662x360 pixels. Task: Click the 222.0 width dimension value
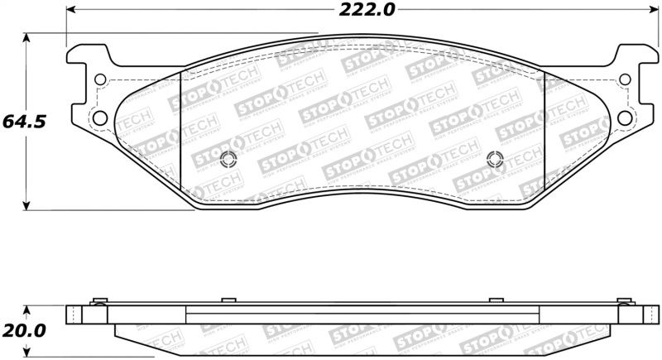click(364, 10)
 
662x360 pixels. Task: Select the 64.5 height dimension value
click(23, 121)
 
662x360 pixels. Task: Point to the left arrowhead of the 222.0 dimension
click(70, 10)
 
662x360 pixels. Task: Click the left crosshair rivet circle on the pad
click(230, 160)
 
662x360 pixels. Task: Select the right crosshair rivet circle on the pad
click(495, 160)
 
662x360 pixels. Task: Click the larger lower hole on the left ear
click(99, 117)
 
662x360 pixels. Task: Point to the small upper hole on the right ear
click(625, 80)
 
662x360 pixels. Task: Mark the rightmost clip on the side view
click(626, 300)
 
